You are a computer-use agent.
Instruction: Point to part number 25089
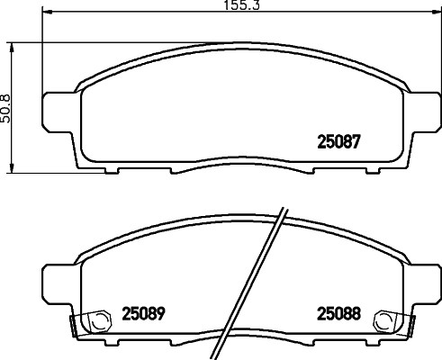(x=143, y=314)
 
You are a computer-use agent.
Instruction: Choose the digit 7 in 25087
(x=357, y=142)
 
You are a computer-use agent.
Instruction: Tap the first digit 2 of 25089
(x=126, y=314)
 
